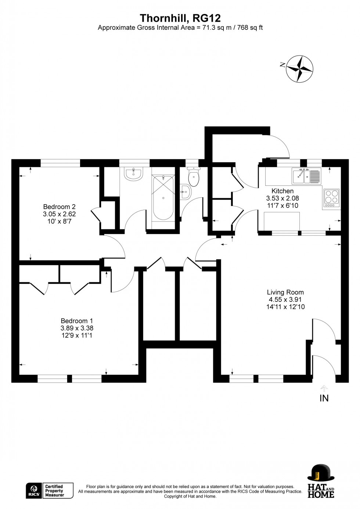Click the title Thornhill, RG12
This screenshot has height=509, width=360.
coord(180,18)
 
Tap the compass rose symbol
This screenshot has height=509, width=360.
coord(299,69)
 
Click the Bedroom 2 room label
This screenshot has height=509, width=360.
coord(59,207)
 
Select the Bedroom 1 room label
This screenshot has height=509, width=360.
coord(77,321)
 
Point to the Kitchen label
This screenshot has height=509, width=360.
coord(282,191)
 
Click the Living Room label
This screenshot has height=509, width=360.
coord(285,292)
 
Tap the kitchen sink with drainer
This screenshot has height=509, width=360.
coord(306,176)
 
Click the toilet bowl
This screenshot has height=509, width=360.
coord(194,177)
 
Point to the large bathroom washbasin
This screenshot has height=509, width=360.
coord(133,174)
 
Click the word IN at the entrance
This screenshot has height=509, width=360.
coord(324,398)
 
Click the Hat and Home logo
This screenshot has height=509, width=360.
coord(321,481)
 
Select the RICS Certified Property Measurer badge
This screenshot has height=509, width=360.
coord(50,491)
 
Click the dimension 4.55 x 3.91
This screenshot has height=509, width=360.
coord(285,300)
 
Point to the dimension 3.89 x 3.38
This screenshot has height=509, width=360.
coord(77,328)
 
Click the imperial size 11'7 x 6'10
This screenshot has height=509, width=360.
coord(282,206)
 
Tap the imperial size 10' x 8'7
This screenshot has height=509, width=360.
coord(59,221)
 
